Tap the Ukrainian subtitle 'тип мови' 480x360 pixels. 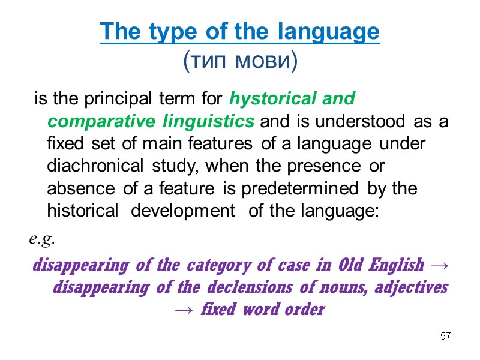pyautogui.click(x=240, y=61)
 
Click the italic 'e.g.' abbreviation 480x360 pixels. pyautogui.click(x=41, y=240)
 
